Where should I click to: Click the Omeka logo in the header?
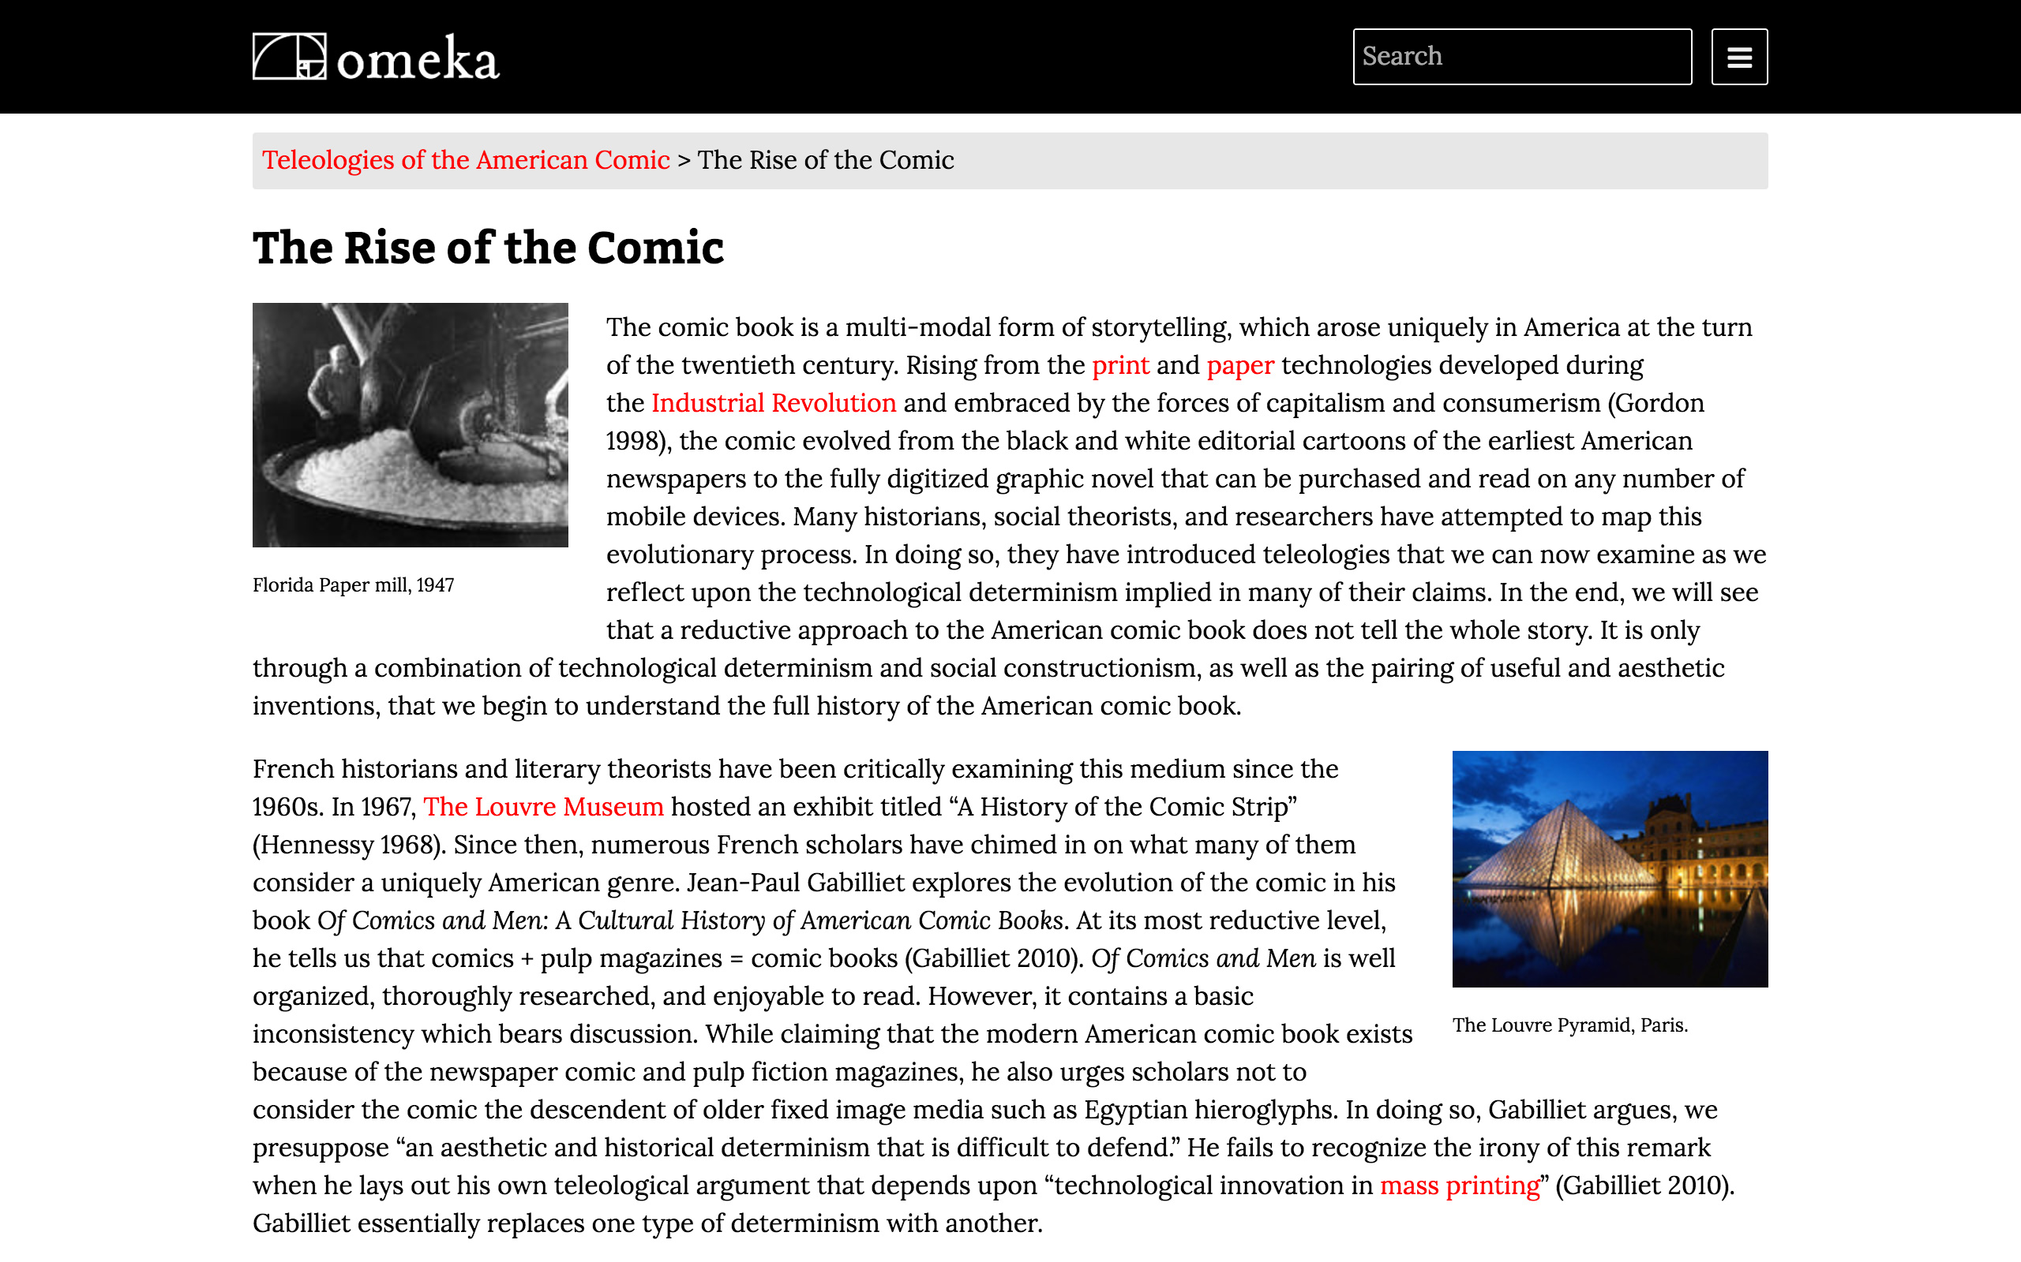point(376,57)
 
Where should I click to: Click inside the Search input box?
point(1521,57)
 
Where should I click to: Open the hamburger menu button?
point(1738,57)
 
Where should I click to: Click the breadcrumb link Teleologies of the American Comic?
point(465,160)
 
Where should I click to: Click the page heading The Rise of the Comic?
point(488,248)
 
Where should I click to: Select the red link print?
point(1120,365)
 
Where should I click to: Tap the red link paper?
point(1239,365)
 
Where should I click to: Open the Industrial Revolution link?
point(774,403)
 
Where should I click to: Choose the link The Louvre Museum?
point(543,807)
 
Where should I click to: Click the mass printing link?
point(1459,1186)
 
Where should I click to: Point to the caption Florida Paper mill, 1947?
point(353,585)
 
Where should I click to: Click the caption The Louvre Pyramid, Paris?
point(1569,1025)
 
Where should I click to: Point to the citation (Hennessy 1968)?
point(349,845)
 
